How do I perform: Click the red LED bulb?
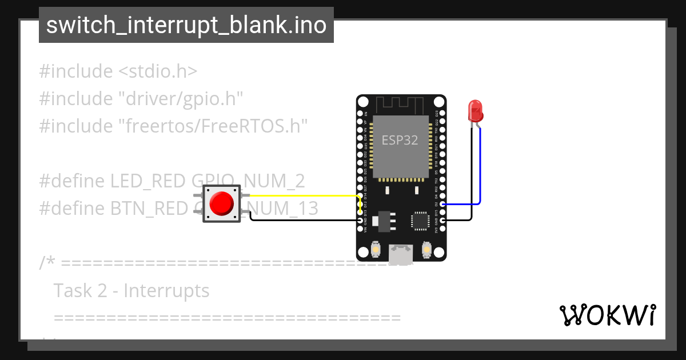(x=474, y=110)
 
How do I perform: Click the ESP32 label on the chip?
(x=400, y=140)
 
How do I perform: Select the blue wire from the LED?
(x=480, y=171)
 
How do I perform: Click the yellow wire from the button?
(x=297, y=196)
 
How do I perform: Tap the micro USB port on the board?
(x=401, y=254)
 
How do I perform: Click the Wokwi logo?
(x=607, y=315)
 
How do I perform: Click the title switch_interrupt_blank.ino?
(x=186, y=25)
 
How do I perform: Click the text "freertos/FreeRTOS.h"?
(x=213, y=125)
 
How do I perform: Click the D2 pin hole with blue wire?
(x=442, y=204)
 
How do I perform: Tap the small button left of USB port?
(x=376, y=249)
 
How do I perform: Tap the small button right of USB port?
(x=426, y=249)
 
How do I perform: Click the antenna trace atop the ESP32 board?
(x=400, y=105)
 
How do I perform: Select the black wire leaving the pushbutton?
(x=297, y=219)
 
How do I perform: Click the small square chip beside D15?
(x=420, y=220)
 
